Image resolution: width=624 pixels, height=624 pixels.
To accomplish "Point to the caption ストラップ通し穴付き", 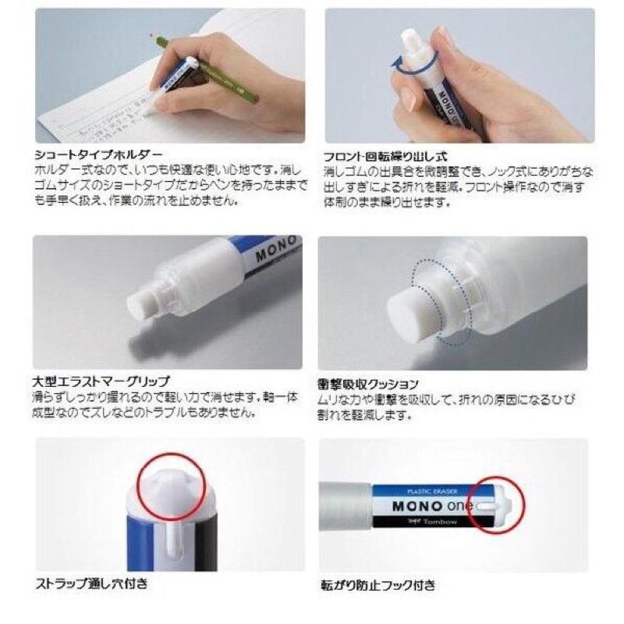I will [90, 583].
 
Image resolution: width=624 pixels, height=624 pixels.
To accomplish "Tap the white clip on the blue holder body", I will [170, 546].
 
